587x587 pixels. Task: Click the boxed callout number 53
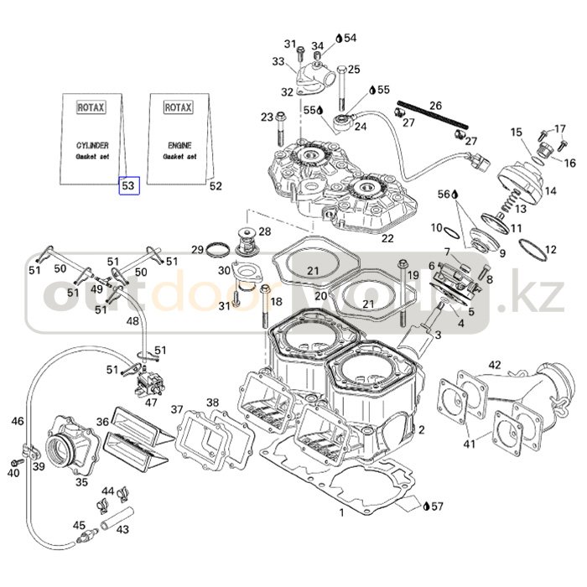point(128,184)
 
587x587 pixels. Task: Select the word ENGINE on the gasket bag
point(178,144)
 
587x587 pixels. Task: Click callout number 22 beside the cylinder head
point(387,238)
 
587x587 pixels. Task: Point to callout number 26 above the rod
point(435,106)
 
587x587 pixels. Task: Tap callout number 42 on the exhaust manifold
point(495,365)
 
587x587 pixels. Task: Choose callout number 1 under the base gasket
point(341,512)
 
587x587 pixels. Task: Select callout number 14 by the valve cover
point(550,191)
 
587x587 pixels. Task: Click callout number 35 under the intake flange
point(81,482)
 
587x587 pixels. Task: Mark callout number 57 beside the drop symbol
point(439,506)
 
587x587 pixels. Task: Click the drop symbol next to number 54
point(339,38)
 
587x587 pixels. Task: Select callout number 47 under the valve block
point(151,403)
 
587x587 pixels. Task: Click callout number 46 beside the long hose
point(18,422)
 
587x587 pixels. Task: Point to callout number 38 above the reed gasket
point(213,403)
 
